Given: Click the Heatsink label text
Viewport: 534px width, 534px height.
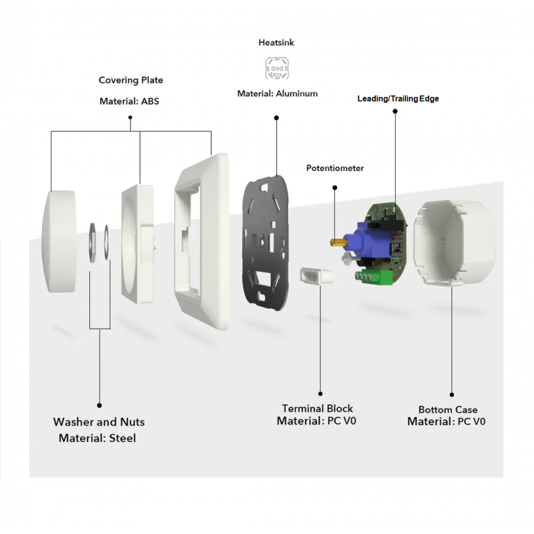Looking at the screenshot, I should pyautogui.click(x=276, y=43).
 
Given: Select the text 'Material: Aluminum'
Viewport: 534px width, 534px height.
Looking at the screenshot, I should pyautogui.click(x=277, y=94).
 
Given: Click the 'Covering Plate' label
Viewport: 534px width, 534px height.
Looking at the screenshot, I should pyautogui.click(x=131, y=80).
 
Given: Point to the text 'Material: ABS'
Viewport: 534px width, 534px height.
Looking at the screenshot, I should pyautogui.click(x=129, y=101).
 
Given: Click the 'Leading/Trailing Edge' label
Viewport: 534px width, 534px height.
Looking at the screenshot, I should pyautogui.click(x=398, y=99).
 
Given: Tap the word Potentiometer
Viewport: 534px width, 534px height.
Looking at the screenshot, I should pyautogui.click(x=335, y=168).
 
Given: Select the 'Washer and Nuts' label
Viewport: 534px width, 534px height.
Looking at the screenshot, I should pyautogui.click(x=99, y=422).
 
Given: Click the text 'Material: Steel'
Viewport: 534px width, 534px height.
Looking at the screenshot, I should pyautogui.click(x=97, y=439).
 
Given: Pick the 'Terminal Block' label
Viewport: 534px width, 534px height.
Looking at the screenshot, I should pyautogui.click(x=318, y=409).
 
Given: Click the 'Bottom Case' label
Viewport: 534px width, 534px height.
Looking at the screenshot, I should pyautogui.click(x=448, y=410).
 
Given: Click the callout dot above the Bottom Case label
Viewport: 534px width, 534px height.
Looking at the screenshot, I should pyautogui.click(x=452, y=395).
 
